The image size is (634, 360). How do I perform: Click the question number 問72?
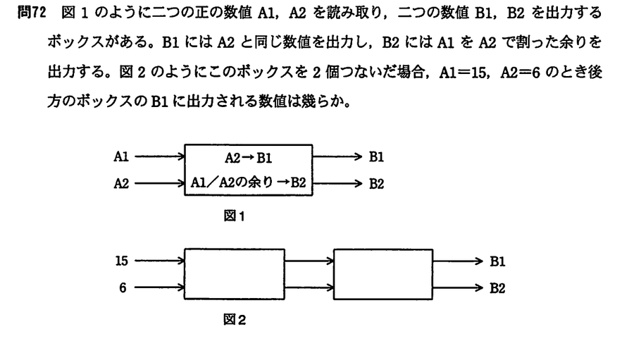pyautogui.click(x=32, y=13)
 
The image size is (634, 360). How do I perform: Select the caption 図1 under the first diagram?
pyautogui.click(x=234, y=216)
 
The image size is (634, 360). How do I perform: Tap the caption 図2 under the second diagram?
pyautogui.click(x=235, y=320)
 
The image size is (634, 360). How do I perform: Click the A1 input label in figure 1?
pyautogui.click(x=121, y=156)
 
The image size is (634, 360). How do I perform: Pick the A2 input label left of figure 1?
pyautogui.click(x=121, y=184)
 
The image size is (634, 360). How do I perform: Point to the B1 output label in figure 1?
pyautogui.click(x=376, y=156)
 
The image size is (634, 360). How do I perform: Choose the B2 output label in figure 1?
pyautogui.click(x=376, y=184)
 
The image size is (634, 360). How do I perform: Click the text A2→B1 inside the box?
pyautogui.click(x=248, y=158)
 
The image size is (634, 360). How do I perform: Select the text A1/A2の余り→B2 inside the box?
pyautogui.click(x=248, y=182)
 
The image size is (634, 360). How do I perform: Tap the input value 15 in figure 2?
pyautogui.click(x=121, y=261)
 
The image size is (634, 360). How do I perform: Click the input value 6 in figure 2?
pyautogui.click(x=123, y=287)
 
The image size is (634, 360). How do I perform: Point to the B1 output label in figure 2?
pyautogui.click(x=497, y=261)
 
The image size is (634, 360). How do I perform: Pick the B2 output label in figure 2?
pyautogui.click(x=497, y=288)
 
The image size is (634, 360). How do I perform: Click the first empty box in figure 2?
pyautogui.click(x=235, y=249)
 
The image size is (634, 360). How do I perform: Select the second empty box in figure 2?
pyautogui.click(x=383, y=249)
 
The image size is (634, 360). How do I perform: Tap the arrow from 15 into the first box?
pyautogui.click(x=160, y=261)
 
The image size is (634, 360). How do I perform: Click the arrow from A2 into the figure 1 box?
pyautogui.click(x=160, y=184)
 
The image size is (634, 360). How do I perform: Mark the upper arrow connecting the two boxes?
pyautogui.click(x=309, y=261)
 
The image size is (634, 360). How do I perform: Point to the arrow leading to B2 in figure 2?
pyautogui.click(x=458, y=287)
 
